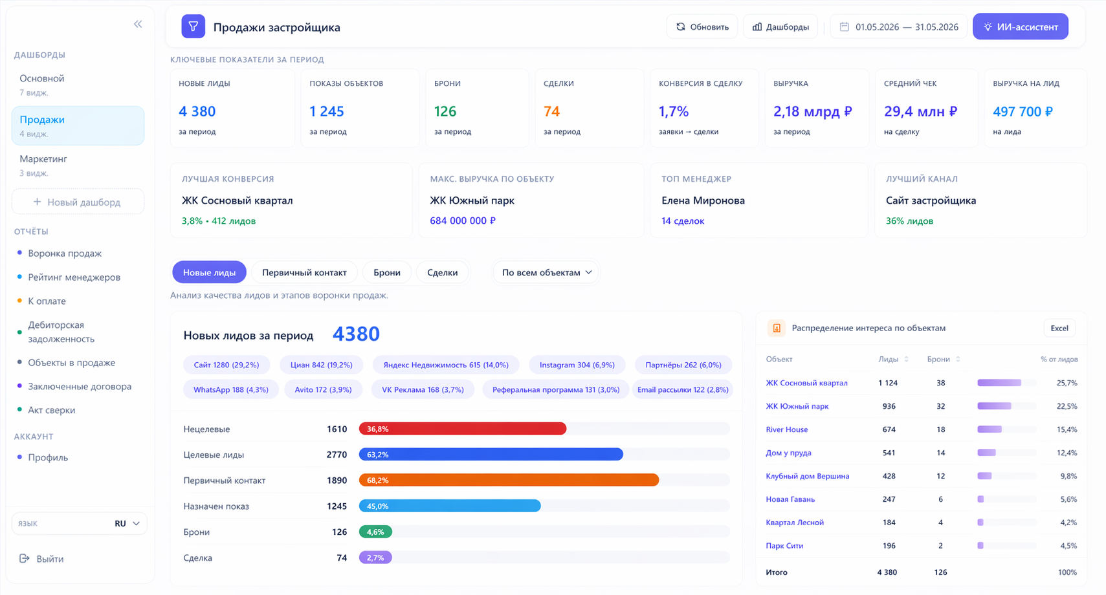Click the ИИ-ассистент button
pyautogui.click(x=1020, y=27)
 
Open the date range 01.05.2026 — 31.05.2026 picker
pyautogui.click(x=899, y=27)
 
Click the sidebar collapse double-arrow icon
pyautogui.click(x=138, y=24)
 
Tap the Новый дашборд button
pyautogui.click(x=78, y=202)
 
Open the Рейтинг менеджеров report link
pyautogui.click(x=74, y=277)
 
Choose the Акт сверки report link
pyautogui.click(x=51, y=410)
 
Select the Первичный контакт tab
pyautogui.click(x=304, y=272)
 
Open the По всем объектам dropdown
pyautogui.click(x=546, y=272)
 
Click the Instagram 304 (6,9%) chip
pyautogui.click(x=577, y=365)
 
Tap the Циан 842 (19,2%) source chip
pyautogui.click(x=322, y=365)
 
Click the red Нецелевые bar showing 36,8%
pyautogui.click(x=463, y=429)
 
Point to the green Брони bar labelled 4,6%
pyautogui.click(x=375, y=532)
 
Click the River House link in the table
pyautogui.click(x=786, y=429)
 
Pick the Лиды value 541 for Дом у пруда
pyautogui.click(x=889, y=453)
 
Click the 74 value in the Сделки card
pyautogui.click(x=551, y=111)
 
